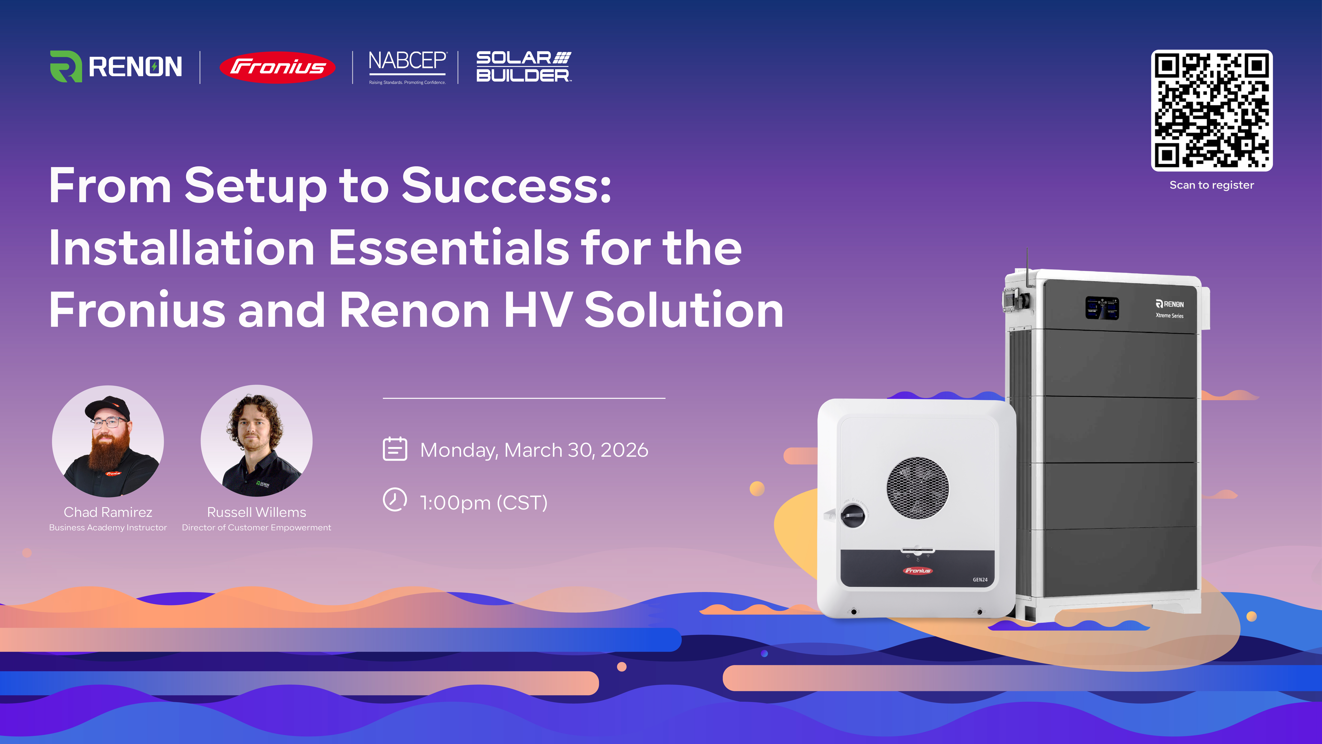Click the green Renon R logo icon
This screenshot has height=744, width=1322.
66,66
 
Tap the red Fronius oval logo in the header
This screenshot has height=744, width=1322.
277,67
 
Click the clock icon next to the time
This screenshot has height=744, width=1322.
395,500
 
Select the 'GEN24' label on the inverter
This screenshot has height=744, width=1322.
980,580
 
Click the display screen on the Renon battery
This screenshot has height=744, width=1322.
1102,308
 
